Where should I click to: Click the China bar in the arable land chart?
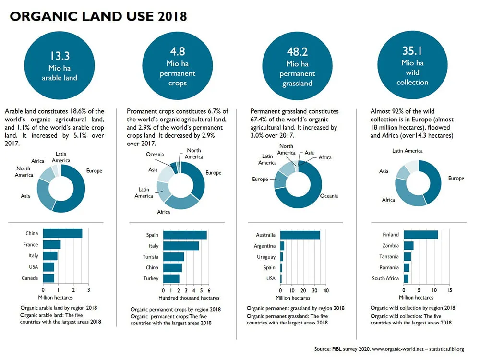pyautogui.click(x=62, y=234)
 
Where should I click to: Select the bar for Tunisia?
pyautogui.click(x=174, y=257)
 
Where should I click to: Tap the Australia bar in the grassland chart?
pyautogui.click(x=300, y=235)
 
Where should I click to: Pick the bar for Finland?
pyautogui.click(x=420, y=235)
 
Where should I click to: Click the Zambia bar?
pyautogui.click(x=408, y=245)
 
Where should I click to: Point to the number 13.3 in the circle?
pyautogui.click(x=60, y=56)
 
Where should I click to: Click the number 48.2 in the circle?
pyautogui.click(x=297, y=52)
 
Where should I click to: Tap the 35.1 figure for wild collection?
pyautogui.click(x=412, y=51)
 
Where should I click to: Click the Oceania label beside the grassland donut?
pyautogui.click(x=329, y=196)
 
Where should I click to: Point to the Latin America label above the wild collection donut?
pyautogui.click(x=407, y=151)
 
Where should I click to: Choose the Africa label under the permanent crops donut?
pyautogui.click(x=164, y=212)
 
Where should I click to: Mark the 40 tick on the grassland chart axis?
pyautogui.click(x=326, y=290)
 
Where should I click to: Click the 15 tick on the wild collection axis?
pyautogui.click(x=449, y=290)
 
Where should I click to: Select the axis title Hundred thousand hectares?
pyautogui.click(x=189, y=298)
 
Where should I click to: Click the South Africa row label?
pyautogui.click(x=385, y=278)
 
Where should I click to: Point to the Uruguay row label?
pyautogui.click(x=266, y=257)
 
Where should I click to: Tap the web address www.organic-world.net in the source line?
pyautogui.click(x=397, y=349)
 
